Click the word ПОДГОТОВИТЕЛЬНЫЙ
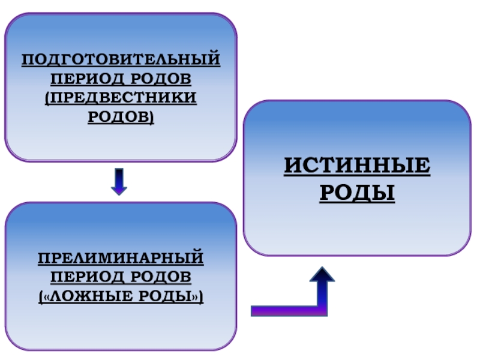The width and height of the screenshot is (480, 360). click(x=121, y=61)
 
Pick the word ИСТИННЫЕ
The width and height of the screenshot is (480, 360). click(x=357, y=166)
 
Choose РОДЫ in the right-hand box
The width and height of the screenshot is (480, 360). click(x=357, y=193)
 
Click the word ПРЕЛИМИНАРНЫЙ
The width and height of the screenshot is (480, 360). click(x=121, y=259)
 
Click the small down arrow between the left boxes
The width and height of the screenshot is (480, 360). click(x=119, y=181)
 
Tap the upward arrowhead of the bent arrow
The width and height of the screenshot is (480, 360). click(x=322, y=278)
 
